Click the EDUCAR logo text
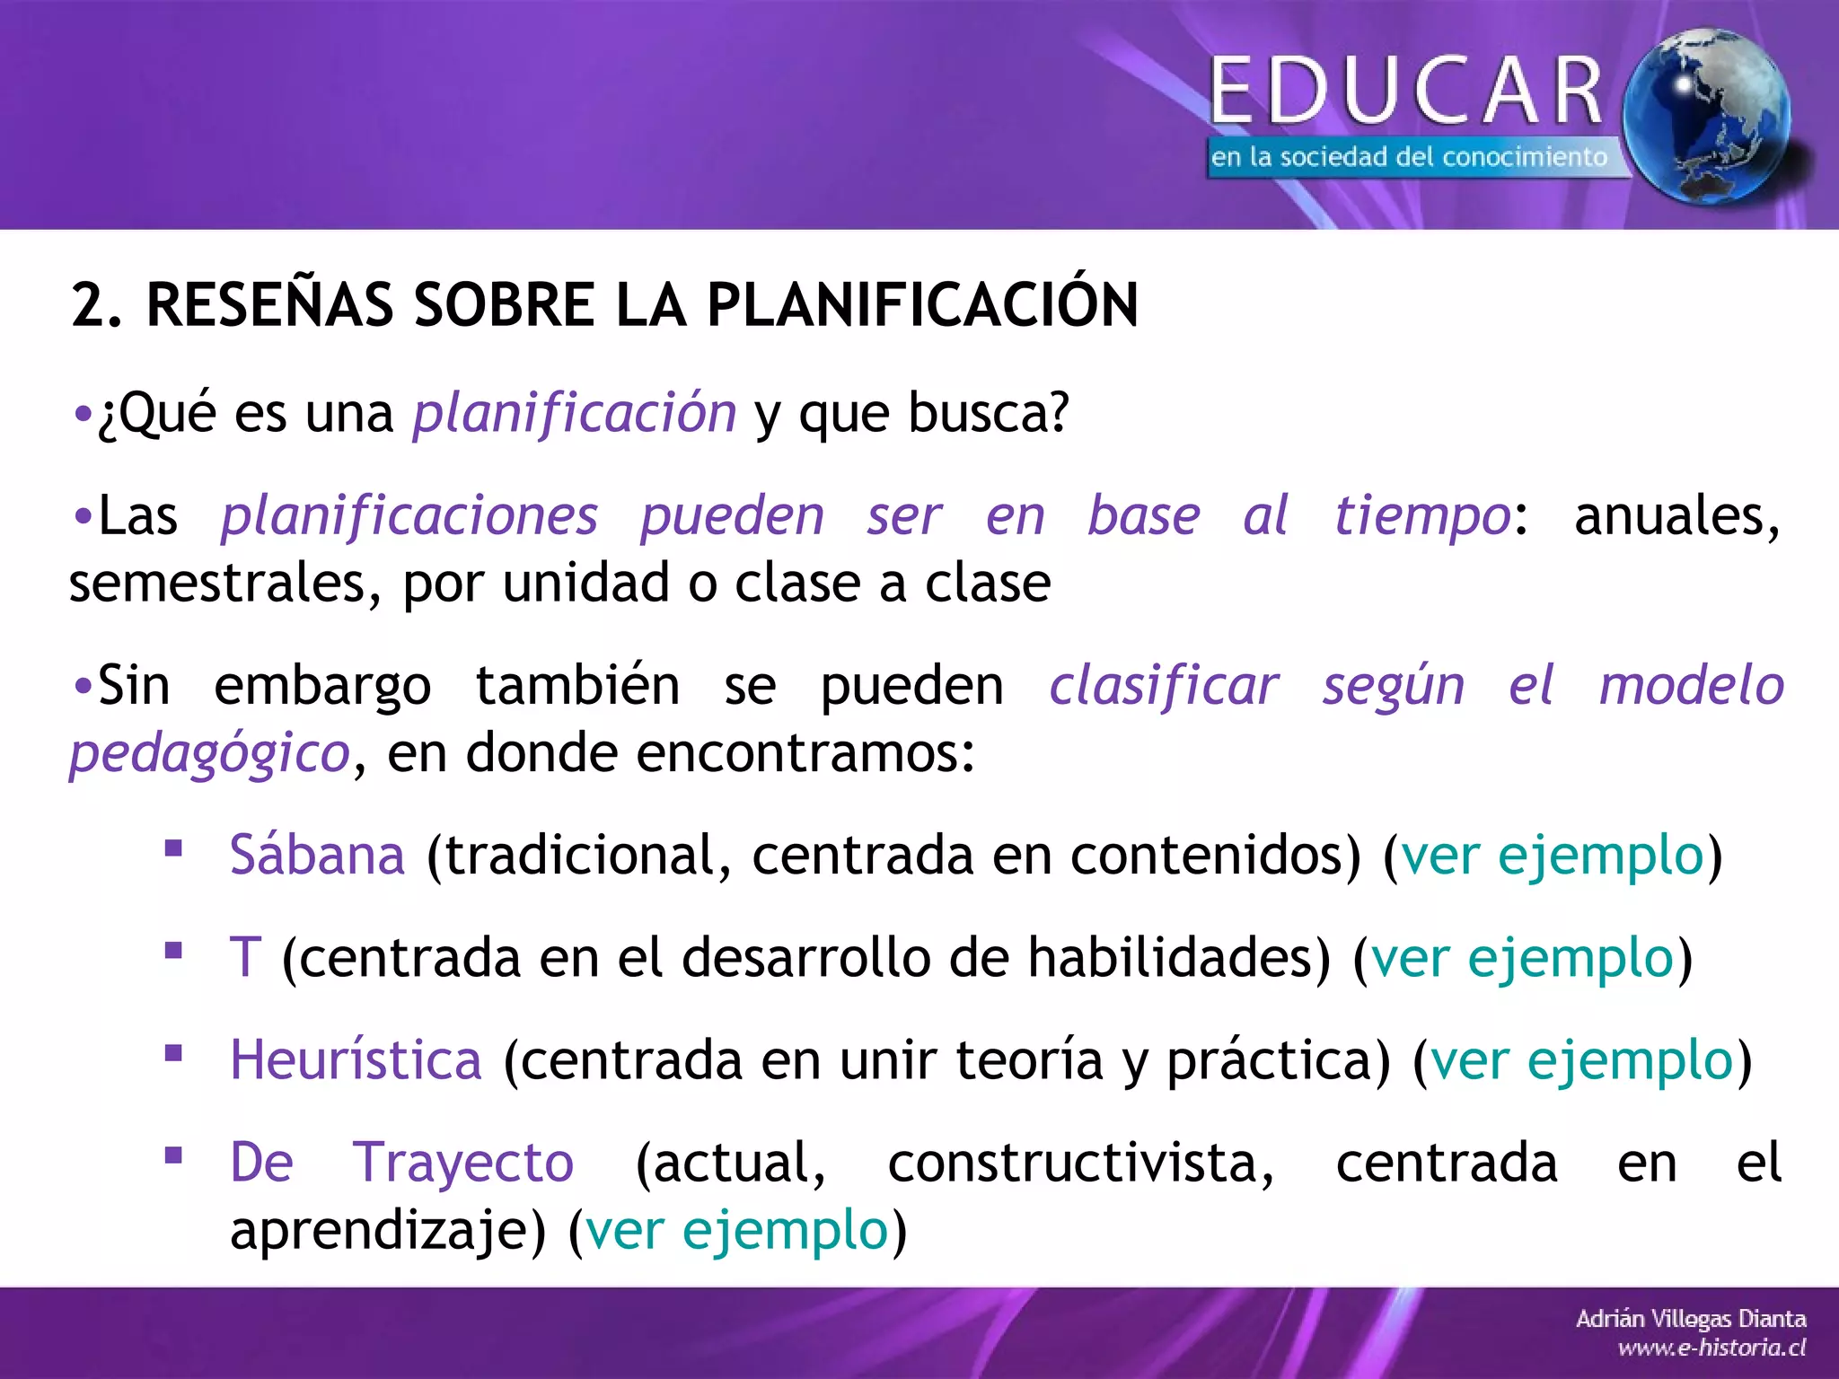coord(1406,90)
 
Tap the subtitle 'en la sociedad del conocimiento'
coord(1408,157)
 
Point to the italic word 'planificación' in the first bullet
coord(575,414)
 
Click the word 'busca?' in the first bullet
coord(989,413)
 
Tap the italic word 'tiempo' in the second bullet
coord(1422,516)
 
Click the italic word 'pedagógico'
coord(209,752)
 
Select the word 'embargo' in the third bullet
coord(322,687)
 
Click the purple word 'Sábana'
coord(317,855)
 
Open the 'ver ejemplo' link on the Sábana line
coord(1553,855)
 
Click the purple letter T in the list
coord(245,957)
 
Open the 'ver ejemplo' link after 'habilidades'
coord(1523,957)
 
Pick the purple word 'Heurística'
coord(356,1059)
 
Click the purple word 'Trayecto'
coord(462,1163)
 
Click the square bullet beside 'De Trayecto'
coord(173,1155)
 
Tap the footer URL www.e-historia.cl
coord(1711,1348)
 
